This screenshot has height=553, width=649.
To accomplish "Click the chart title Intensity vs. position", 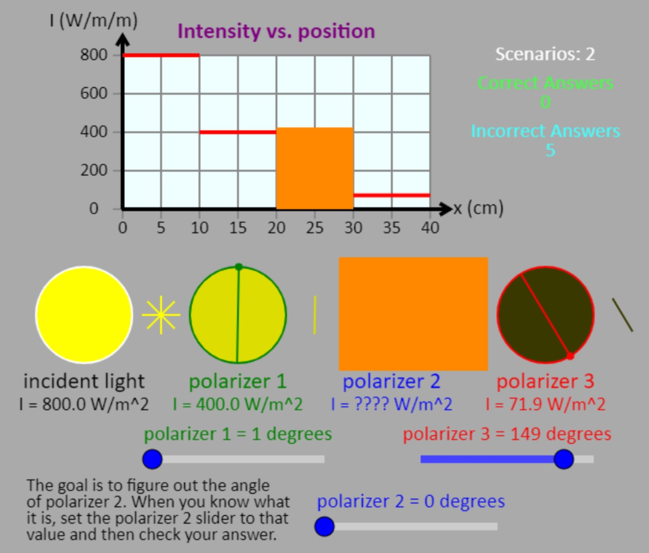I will pos(276,31).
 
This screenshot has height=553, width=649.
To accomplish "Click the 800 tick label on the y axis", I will pos(93,55).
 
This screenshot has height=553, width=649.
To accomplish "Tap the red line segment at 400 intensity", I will pos(238,132).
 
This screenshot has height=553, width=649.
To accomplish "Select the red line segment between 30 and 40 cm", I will pos(391,195).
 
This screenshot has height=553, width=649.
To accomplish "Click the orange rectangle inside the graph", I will pos(314,169).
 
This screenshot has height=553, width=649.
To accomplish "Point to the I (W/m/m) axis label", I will pos(93,20).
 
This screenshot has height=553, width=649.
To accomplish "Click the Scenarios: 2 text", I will pos(545,54).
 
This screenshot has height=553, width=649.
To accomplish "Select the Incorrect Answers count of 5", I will pos(550,150).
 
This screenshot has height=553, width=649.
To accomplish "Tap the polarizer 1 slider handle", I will pos(152,459).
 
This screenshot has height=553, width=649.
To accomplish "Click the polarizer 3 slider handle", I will pos(563,459).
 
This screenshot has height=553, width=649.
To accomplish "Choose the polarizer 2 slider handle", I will pos(324,526).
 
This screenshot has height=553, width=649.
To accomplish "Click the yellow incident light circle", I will pos(84,315).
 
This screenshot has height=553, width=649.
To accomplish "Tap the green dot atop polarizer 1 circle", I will pos(238,267).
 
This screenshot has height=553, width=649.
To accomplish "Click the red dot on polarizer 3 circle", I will pos(570,356).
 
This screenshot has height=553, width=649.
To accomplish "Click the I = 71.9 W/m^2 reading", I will pos(545,405).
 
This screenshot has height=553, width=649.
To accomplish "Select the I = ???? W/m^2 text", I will pos(391,405).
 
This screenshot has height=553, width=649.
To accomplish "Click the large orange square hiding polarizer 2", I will pos(413,313).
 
